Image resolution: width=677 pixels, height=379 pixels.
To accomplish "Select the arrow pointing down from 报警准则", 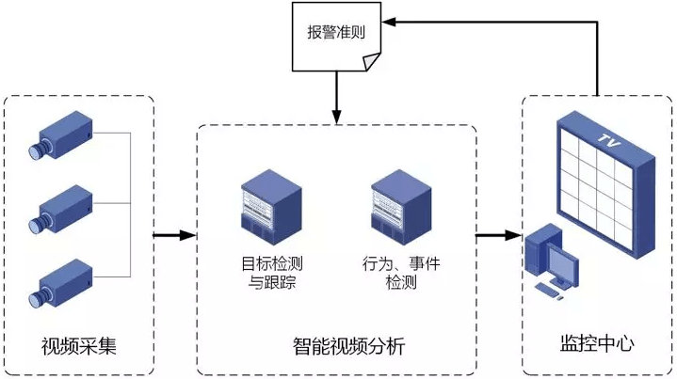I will (x=336, y=98).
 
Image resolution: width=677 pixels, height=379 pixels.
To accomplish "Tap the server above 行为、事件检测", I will (x=395, y=200).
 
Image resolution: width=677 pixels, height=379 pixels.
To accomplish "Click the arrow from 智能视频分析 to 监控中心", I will (x=499, y=234).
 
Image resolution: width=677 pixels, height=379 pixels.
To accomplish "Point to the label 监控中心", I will (x=591, y=345).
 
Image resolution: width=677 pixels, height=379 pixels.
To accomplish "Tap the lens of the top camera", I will (x=37, y=150).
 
